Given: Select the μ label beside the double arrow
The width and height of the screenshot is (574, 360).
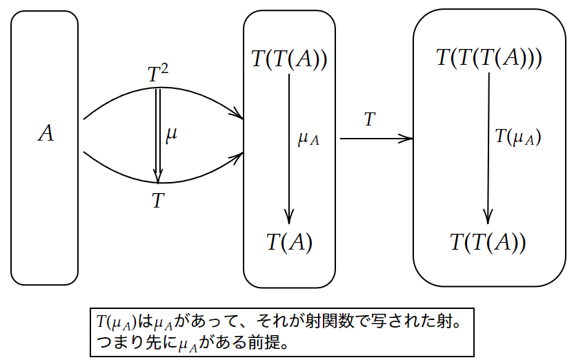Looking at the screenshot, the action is coord(172,134).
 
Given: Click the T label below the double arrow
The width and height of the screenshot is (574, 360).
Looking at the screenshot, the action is coord(158,201).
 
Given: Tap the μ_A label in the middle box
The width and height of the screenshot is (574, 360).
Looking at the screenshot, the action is coord(308,139).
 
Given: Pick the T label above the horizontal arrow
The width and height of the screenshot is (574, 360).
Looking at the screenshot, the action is coord(369,119).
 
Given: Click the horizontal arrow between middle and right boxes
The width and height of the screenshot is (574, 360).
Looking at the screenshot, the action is coord(376,139).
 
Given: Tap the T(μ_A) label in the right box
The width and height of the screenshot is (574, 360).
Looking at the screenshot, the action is coord(517,137).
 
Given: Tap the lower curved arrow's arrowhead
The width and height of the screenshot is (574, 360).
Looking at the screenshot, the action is coord(238,157).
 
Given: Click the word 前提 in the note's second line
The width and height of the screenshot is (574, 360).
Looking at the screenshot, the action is coord(269,342).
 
